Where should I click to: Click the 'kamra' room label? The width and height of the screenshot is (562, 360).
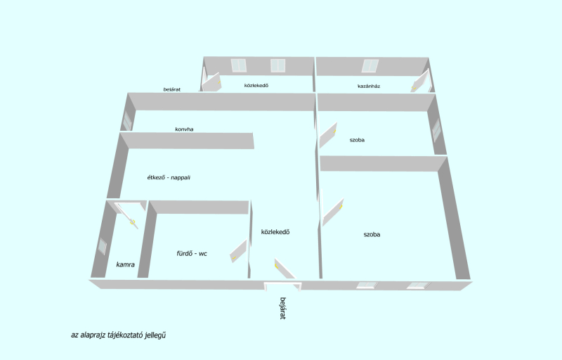pos(126,264)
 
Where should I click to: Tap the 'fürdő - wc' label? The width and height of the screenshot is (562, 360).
pos(192,254)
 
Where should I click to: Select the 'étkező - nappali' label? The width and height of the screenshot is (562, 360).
pos(169,177)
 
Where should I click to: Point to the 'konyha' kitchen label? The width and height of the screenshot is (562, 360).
pos(184,129)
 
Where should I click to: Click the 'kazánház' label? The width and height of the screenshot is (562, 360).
pos(369,86)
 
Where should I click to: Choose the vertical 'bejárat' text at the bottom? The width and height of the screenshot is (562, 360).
pos(283,308)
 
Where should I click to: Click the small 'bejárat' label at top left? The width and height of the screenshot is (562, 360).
pos(172,89)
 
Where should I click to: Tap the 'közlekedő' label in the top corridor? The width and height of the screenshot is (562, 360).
pos(256,85)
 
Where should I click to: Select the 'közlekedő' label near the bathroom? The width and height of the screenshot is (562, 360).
pos(275,232)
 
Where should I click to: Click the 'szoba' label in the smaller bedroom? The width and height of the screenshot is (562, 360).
pos(357,140)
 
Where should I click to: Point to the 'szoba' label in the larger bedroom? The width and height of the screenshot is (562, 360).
pos(372,235)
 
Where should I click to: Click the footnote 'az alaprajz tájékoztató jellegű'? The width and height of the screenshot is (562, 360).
pos(118,335)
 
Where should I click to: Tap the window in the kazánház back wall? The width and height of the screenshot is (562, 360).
pos(370,66)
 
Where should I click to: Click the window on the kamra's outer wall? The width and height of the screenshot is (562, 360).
pos(103,245)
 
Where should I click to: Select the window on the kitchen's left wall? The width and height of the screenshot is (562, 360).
pos(127,121)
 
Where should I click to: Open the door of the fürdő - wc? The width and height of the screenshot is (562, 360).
pos(238,250)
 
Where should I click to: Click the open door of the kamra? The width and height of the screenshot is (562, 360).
pos(127,215)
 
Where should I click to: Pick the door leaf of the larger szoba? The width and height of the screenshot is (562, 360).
pos(333,212)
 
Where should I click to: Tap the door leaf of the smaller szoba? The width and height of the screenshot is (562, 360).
pos(328,135)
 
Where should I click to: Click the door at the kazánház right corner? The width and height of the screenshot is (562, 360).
pos(420,81)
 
